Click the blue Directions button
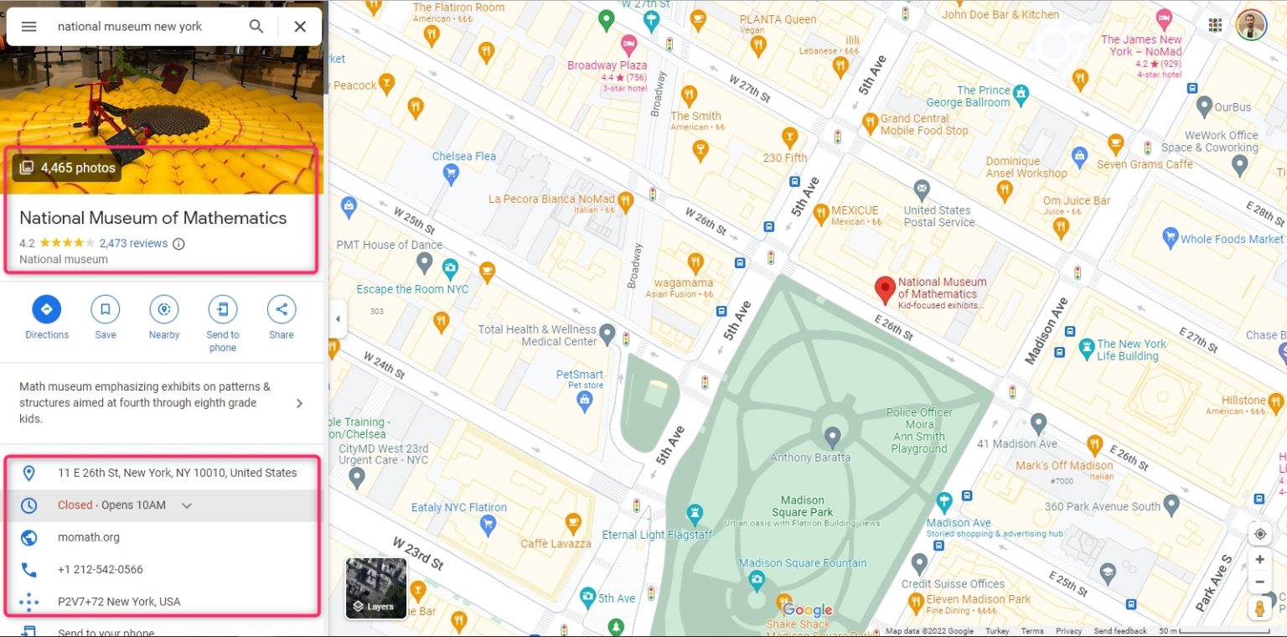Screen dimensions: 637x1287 46,309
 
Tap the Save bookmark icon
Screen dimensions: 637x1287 106,309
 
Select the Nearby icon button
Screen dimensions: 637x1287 164,309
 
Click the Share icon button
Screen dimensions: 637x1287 282,309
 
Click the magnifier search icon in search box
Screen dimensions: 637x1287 256,26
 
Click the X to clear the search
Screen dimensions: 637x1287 300,26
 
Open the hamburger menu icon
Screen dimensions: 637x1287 28,26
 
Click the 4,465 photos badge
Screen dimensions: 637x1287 67,168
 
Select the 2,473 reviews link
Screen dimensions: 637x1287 133,243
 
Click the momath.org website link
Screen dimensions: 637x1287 88,537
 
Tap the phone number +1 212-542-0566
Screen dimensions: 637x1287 100,569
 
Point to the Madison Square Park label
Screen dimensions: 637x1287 802,506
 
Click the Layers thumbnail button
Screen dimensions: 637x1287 376,588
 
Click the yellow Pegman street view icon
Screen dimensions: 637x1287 1259,608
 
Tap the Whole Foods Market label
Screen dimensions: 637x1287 1231,239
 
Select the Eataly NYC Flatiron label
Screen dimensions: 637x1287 458,507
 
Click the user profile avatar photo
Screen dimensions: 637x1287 1251,24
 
